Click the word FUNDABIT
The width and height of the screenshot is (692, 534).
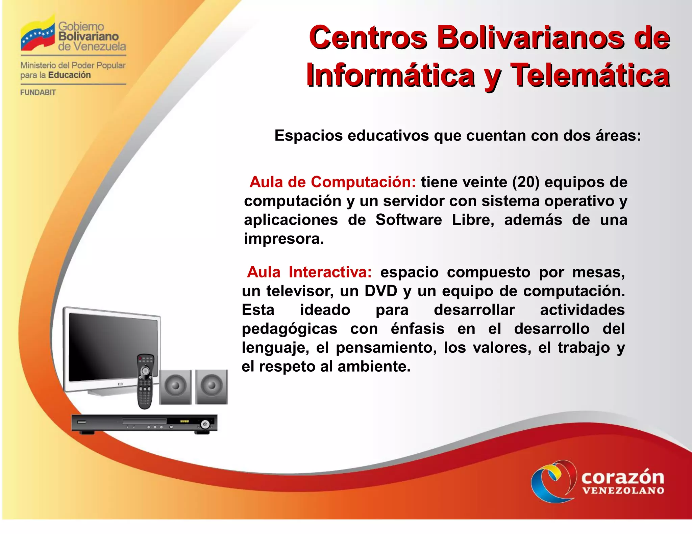point(38,92)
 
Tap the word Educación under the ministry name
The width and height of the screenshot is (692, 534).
point(70,75)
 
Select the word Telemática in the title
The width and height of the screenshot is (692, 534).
point(590,75)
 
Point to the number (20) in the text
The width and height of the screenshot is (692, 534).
point(526,182)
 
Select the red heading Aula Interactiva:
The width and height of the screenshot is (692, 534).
point(309,272)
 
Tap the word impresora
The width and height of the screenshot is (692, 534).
point(284,239)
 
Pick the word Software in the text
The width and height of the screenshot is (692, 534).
point(409,220)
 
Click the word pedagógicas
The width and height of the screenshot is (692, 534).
point(290,329)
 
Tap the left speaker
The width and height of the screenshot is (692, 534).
point(175,387)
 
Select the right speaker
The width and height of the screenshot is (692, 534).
point(212,387)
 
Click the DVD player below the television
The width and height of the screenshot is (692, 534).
point(144,423)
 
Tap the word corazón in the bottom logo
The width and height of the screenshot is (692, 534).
point(622,477)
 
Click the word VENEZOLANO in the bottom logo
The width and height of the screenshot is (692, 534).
point(623,490)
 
